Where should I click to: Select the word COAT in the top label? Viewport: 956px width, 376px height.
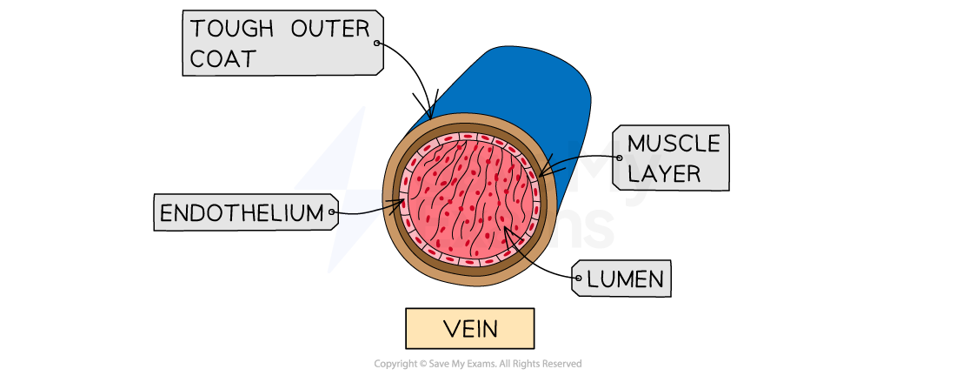(223, 58)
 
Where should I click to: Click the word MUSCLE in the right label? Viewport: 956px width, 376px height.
(674, 144)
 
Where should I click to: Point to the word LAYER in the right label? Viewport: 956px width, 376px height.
(664, 172)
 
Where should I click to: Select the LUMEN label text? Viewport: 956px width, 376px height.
(626, 279)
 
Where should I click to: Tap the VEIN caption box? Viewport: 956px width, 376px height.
(469, 329)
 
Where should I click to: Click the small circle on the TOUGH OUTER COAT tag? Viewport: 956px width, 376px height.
(376, 43)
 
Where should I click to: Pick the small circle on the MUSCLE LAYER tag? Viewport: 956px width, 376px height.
(619, 158)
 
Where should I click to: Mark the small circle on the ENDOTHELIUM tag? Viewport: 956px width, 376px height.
(332, 211)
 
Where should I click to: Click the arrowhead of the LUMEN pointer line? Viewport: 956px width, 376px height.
(505, 229)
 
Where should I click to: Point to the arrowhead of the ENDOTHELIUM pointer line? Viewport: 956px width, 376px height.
(403, 203)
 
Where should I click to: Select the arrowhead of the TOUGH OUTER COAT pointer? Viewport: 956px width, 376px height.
(430, 117)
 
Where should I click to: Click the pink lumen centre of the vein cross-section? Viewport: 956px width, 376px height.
(469, 196)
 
